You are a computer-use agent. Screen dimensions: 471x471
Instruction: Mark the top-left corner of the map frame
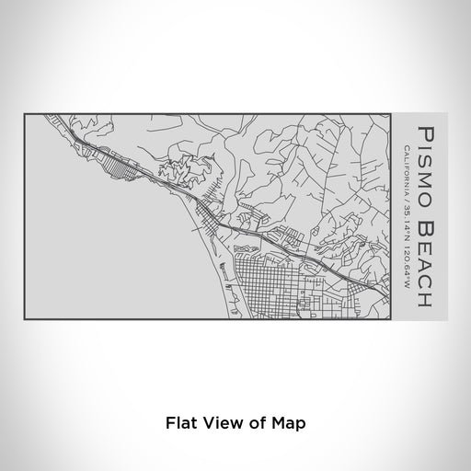point(24,113)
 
